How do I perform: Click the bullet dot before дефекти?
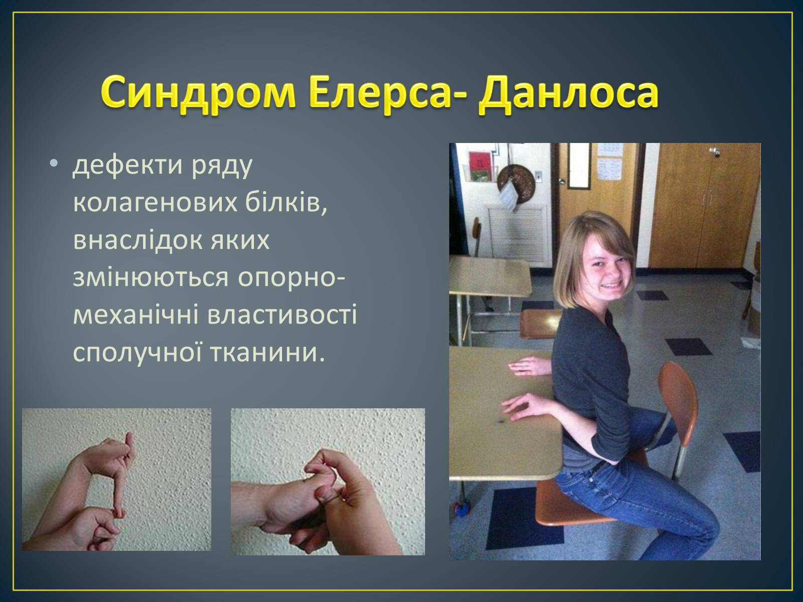tap(53, 164)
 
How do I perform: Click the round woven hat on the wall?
tap(516, 180)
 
